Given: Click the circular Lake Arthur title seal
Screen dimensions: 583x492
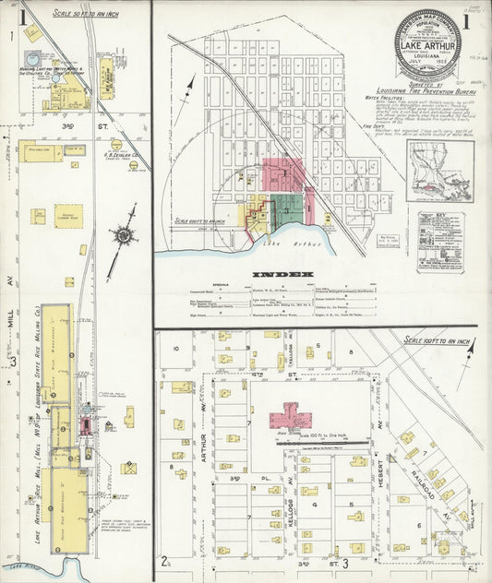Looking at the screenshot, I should (428, 42).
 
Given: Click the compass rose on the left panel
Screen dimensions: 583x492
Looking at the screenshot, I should (124, 234).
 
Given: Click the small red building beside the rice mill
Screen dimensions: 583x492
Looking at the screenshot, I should (84, 425).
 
